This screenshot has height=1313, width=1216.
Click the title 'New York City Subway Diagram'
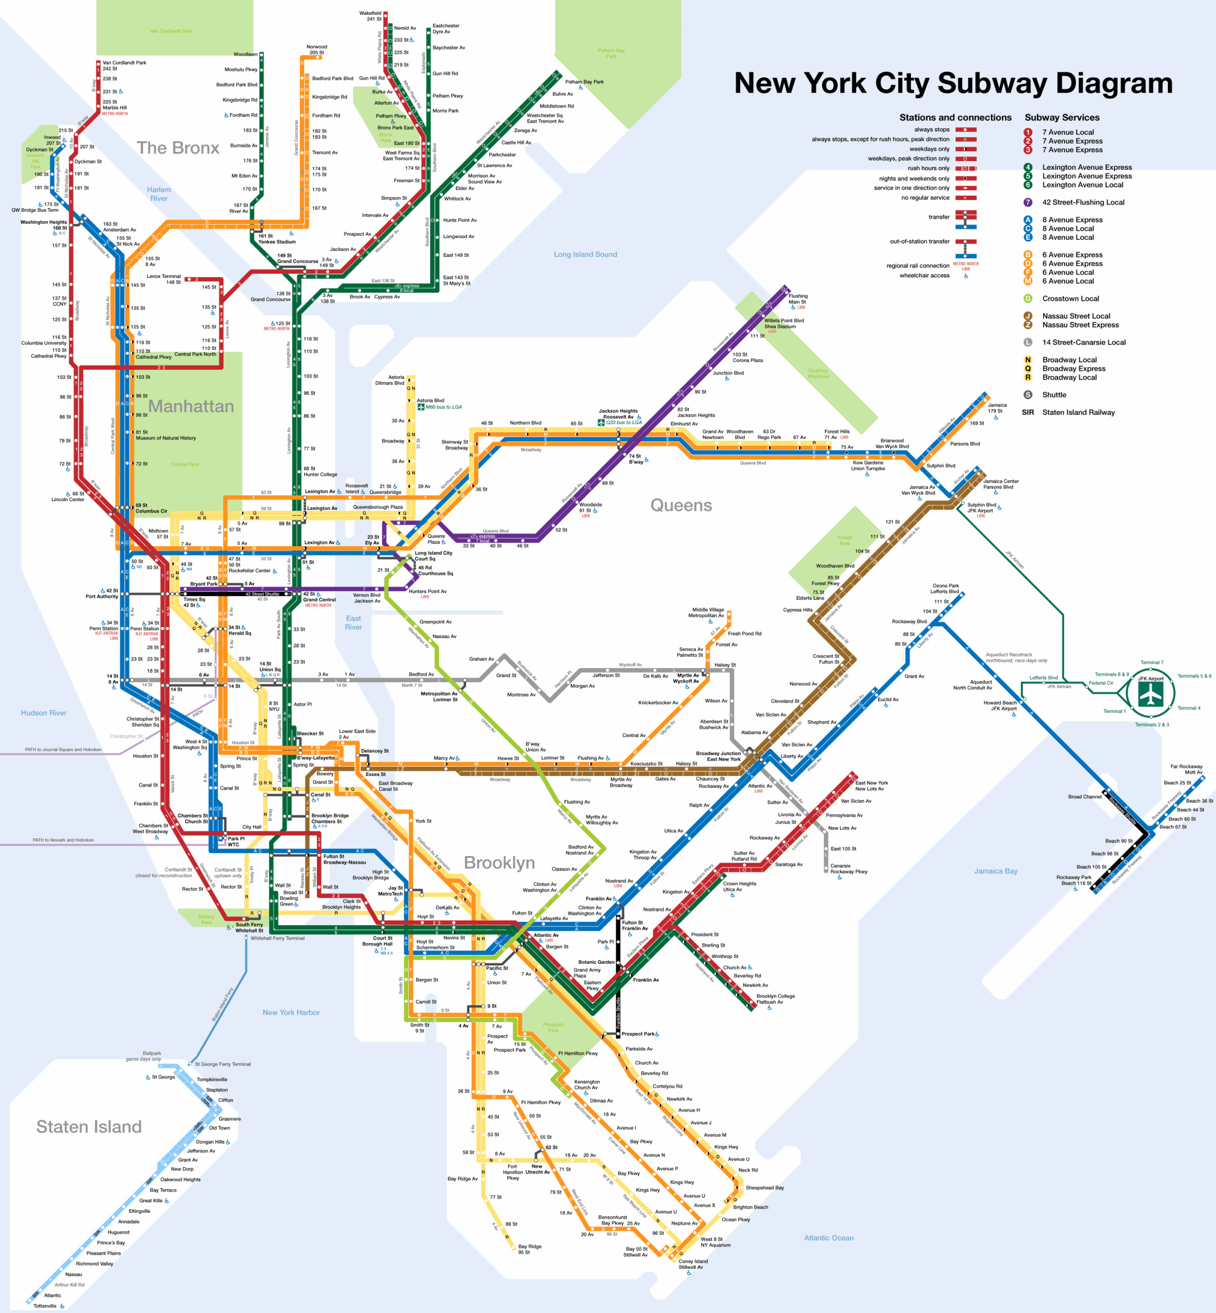[953, 84]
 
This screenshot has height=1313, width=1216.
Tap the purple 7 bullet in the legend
[1027, 202]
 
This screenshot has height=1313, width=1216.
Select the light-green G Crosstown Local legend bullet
[1027, 298]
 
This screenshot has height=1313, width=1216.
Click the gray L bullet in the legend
[1027, 342]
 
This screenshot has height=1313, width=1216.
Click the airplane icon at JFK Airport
[1151, 694]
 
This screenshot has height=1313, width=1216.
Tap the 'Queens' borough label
[681, 506]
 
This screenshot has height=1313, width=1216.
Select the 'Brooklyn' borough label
[499, 863]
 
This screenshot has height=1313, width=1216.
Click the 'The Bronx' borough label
[177, 148]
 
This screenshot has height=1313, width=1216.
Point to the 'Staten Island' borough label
[89, 1127]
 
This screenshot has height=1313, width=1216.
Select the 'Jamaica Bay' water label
[995, 871]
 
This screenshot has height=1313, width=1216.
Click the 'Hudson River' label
[44, 713]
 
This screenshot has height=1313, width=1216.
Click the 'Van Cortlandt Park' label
[171, 31]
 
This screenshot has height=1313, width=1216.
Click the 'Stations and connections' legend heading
[955, 118]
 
